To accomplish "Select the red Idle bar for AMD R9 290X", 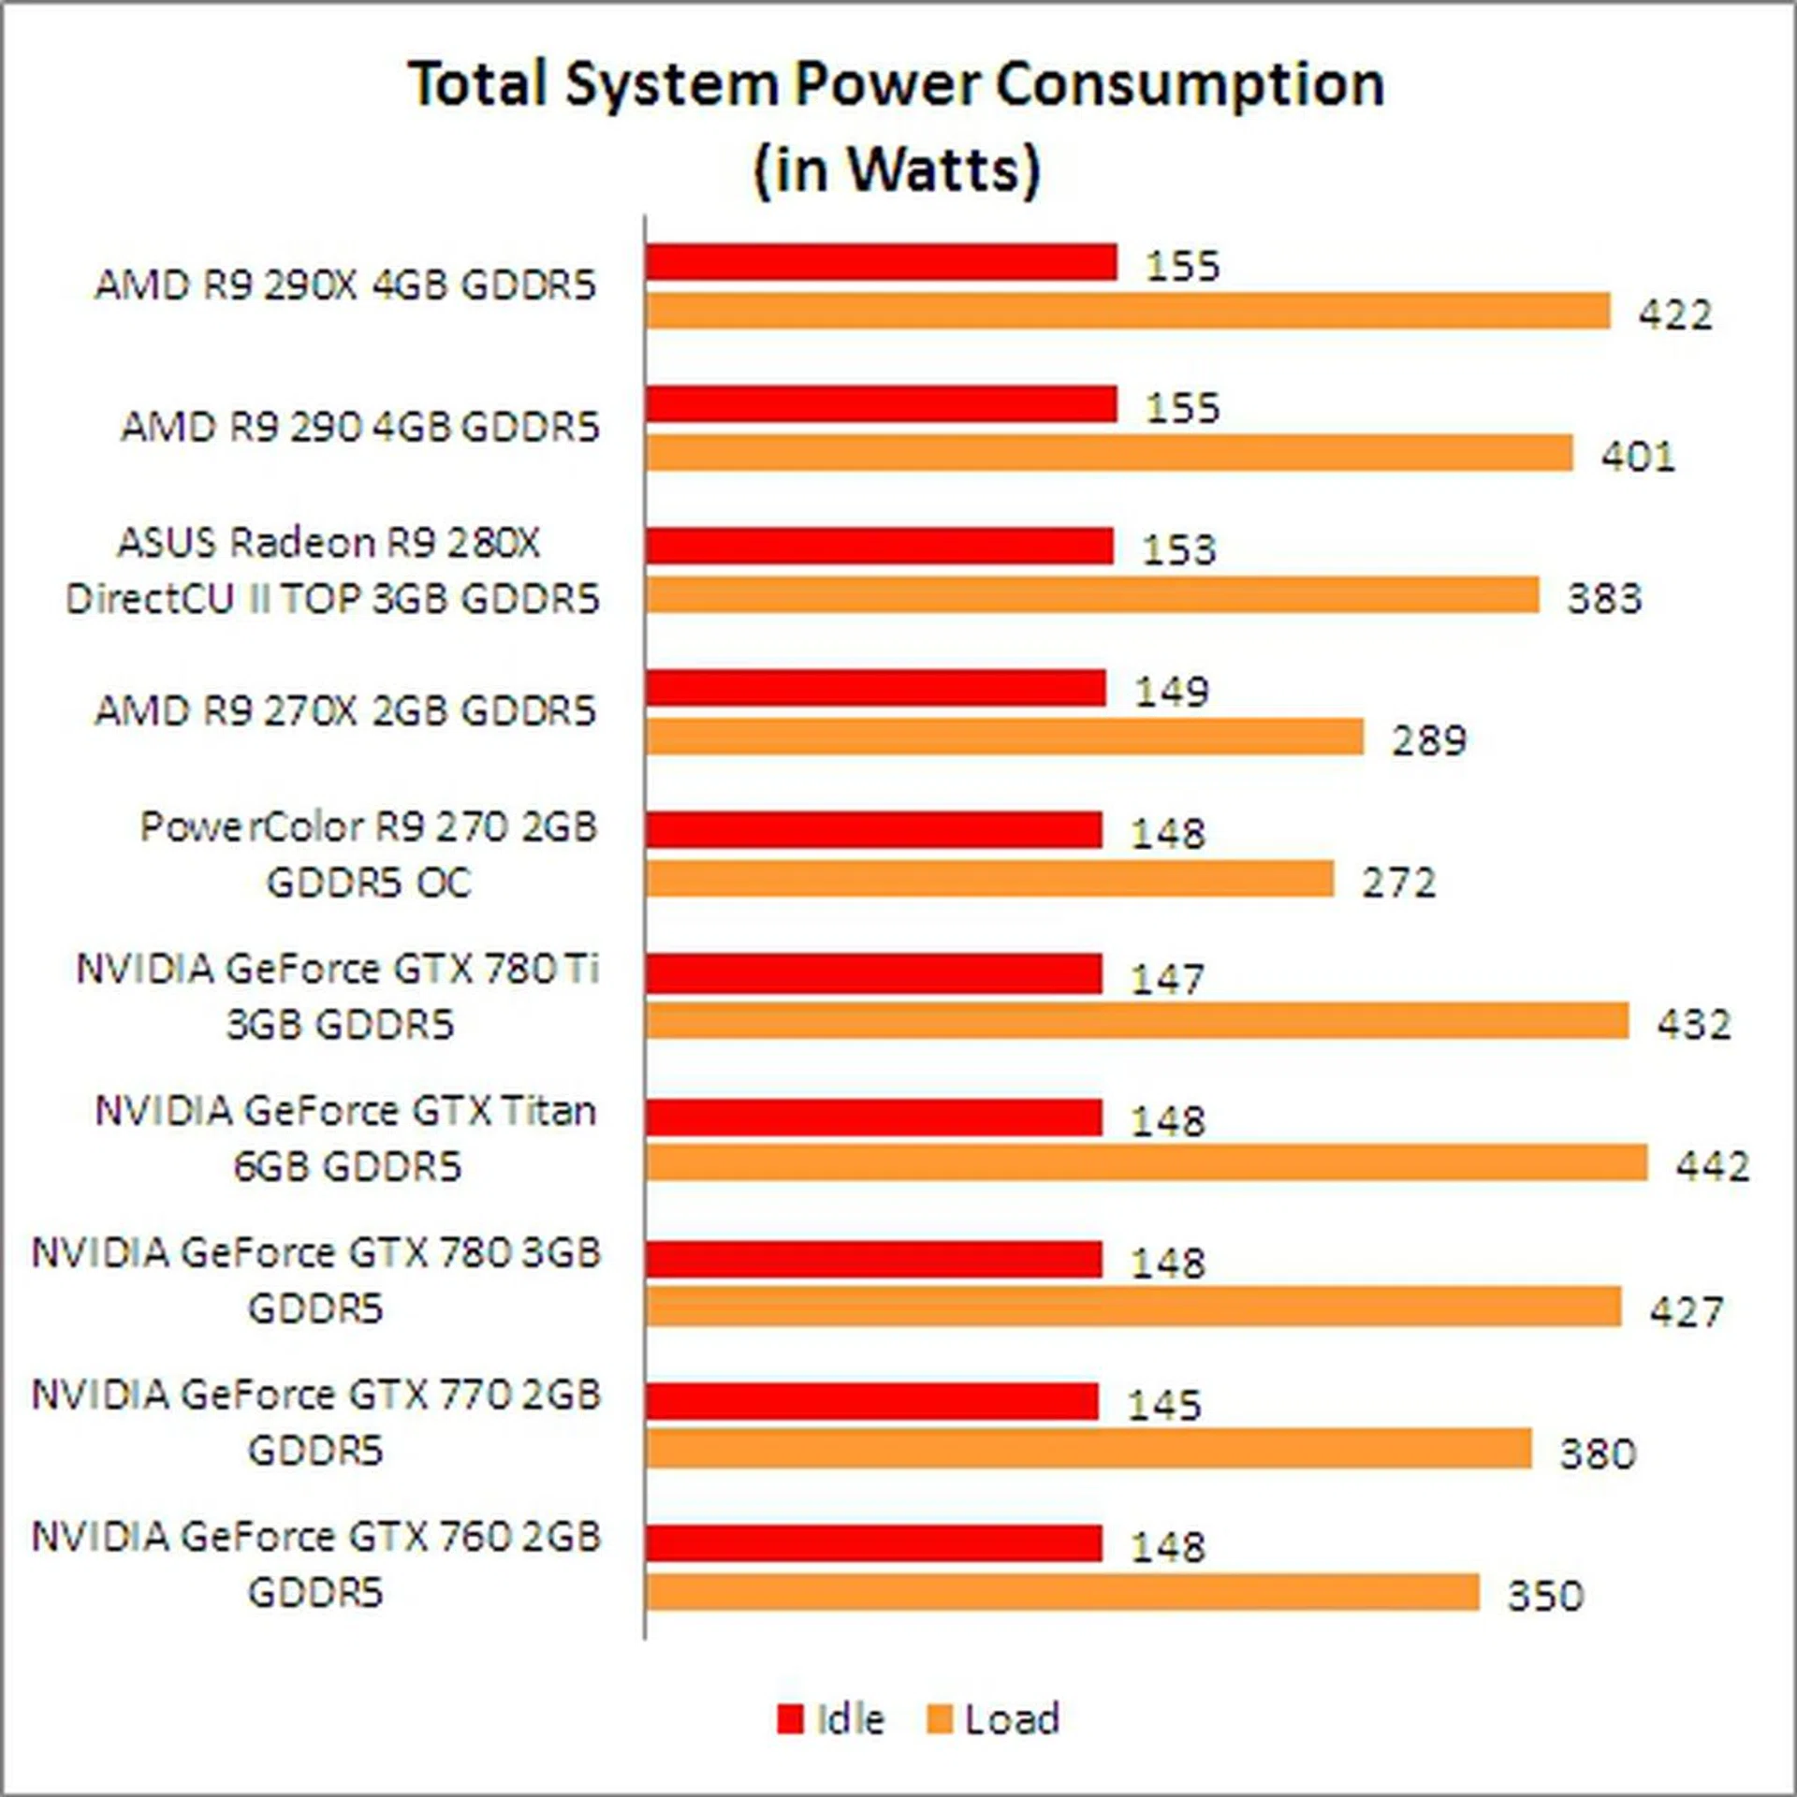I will click(x=880, y=262).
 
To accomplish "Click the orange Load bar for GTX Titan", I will click(x=1146, y=1162).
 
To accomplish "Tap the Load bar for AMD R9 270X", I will click(x=1003, y=737).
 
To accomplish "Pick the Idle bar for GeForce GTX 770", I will click(x=871, y=1402).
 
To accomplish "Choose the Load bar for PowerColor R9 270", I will click(x=988, y=879).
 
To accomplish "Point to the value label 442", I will click(x=1712, y=1166).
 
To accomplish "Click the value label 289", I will click(x=1428, y=740).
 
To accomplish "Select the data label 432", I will click(x=1693, y=1024).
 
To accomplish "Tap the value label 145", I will click(x=1163, y=1405).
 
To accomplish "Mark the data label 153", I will click(x=1178, y=549).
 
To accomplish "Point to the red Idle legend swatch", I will click(x=790, y=1718).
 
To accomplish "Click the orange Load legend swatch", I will click(x=939, y=1718).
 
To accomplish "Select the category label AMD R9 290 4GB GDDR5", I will click(x=359, y=427).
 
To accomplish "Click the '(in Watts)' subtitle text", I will click(x=897, y=169).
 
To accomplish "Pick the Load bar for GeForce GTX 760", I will click(x=1061, y=1592).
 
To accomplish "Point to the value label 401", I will click(x=1637, y=456).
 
